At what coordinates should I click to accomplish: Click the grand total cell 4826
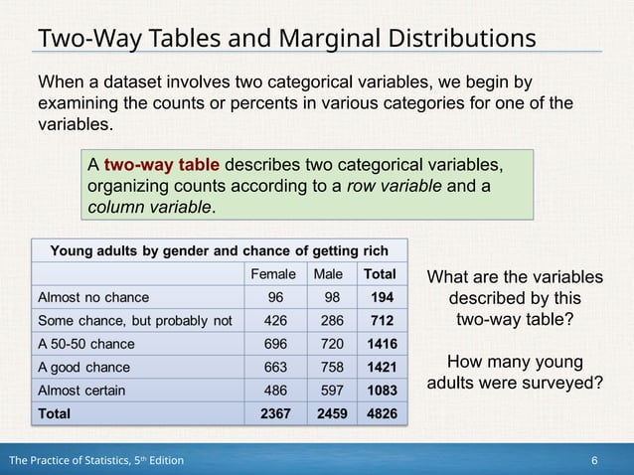[x=381, y=413]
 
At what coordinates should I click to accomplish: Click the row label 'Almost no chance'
[x=93, y=297]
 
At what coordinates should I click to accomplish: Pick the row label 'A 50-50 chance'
[x=85, y=344]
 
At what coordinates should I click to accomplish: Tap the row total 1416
[x=381, y=344]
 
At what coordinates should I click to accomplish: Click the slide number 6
[x=594, y=461]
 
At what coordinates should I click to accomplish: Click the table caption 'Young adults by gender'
[x=135, y=249]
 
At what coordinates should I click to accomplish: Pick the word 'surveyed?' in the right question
[x=561, y=382]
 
